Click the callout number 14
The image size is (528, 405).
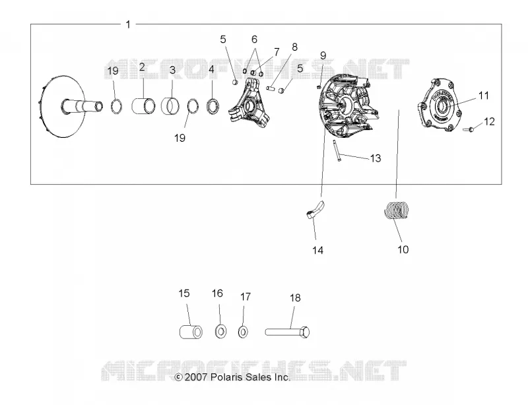click(317, 250)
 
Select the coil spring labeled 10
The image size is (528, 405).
click(397, 209)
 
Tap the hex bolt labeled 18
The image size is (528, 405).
click(287, 332)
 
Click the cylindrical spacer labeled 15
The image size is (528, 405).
click(191, 332)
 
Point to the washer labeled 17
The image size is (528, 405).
click(243, 332)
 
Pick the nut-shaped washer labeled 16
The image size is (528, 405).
click(220, 332)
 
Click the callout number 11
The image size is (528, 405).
click(484, 96)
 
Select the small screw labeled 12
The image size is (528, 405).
click(469, 129)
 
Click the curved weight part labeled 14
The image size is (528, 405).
click(315, 210)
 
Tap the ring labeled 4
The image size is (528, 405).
click(213, 106)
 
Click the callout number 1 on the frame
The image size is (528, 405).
click(128, 24)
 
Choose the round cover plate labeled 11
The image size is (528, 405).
click(440, 105)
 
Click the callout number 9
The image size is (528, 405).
click(323, 55)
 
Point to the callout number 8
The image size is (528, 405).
click(294, 47)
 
